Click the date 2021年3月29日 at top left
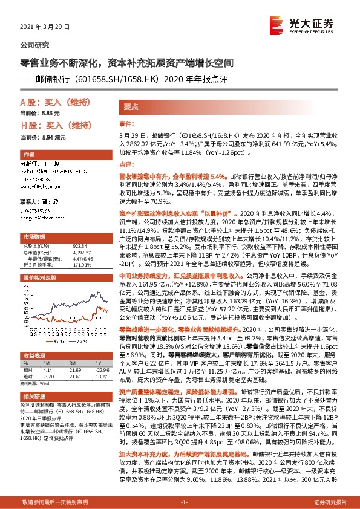46,28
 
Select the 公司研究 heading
35,45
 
